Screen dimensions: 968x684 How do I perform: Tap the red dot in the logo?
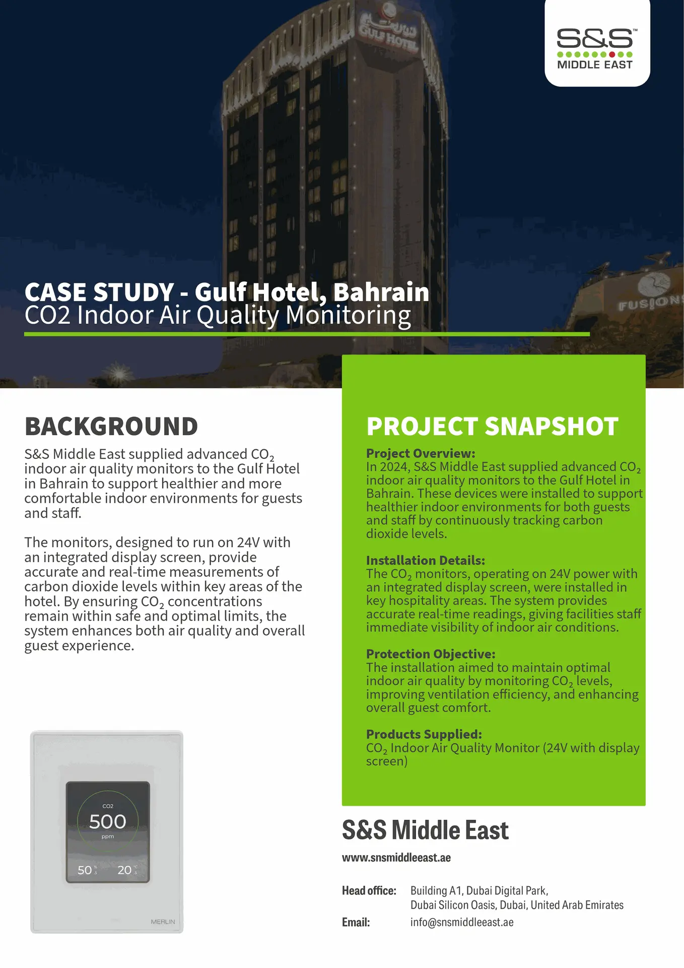point(612,54)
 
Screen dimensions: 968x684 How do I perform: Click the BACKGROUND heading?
point(111,427)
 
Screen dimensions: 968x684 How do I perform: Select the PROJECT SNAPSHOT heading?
point(492,427)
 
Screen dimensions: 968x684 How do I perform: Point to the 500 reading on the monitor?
point(108,822)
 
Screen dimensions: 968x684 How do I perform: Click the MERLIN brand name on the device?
point(163,922)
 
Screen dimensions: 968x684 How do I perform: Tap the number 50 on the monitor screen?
point(85,870)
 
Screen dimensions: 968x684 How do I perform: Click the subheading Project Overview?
point(421,453)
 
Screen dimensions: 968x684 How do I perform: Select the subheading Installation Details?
point(426,560)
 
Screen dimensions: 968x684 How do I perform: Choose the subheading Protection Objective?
point(431,654)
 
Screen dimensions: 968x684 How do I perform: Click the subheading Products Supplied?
point(424,734)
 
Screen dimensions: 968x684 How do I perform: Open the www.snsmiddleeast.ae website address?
point(396,858)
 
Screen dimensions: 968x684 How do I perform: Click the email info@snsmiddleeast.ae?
point(462,922)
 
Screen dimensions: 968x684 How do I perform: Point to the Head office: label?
point(369,890)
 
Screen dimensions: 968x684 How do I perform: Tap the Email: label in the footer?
point(356,922)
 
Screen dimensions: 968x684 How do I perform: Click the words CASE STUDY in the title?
point(99,292)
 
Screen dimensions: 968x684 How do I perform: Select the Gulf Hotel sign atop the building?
point(388,33)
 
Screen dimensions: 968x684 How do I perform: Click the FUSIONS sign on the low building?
point(650,302)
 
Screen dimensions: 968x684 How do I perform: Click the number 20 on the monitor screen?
point(124,870)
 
